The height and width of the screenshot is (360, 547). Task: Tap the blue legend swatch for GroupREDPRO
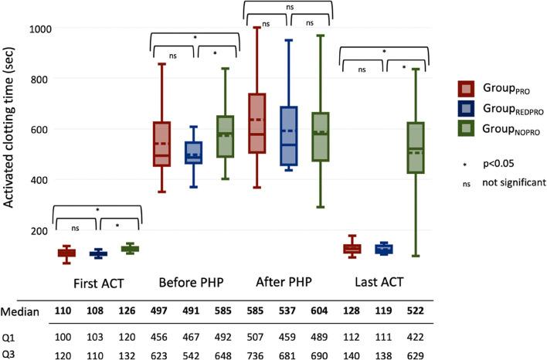point(466,109)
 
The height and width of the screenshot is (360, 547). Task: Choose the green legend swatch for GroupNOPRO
point(466,131)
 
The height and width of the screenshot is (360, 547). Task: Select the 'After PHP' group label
point(289,280)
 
